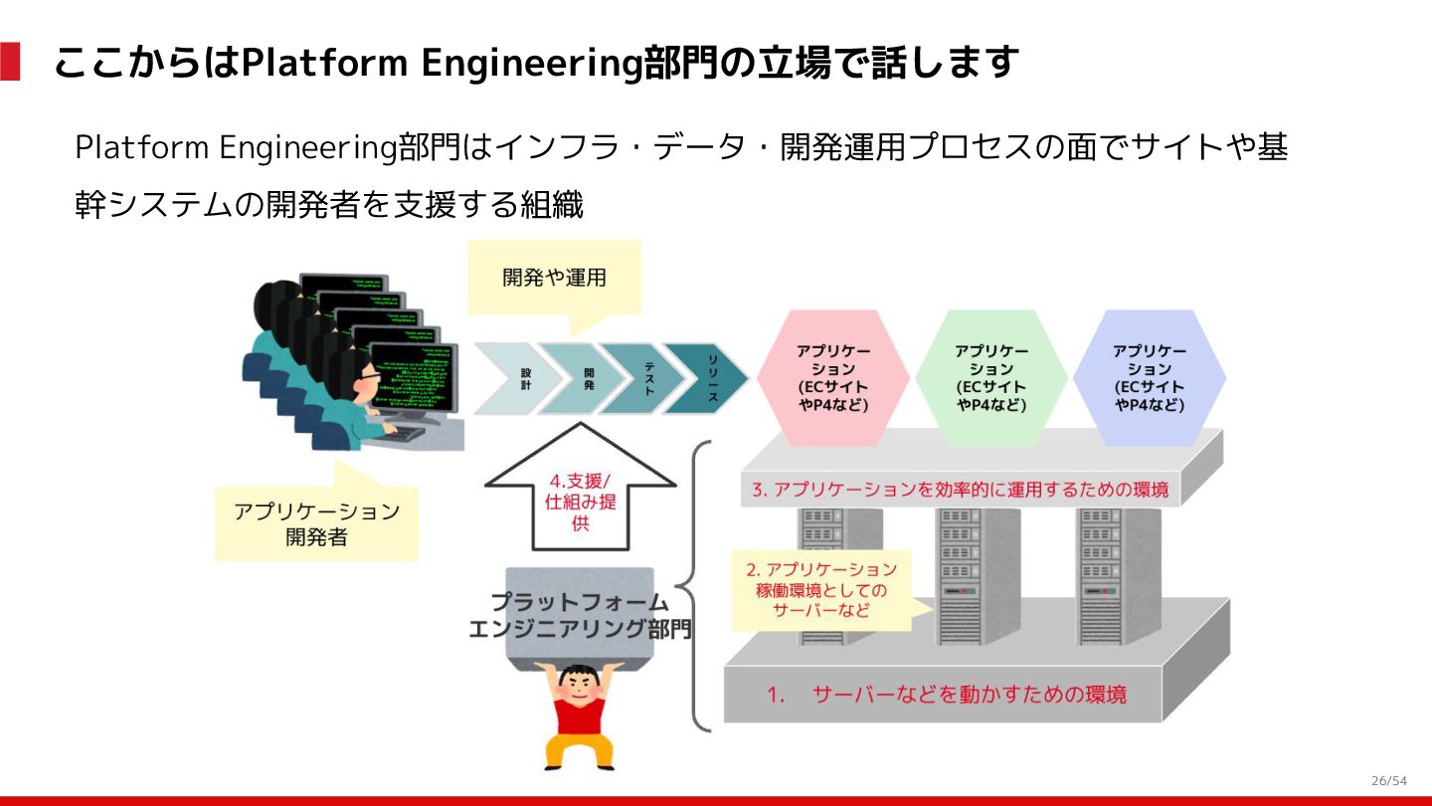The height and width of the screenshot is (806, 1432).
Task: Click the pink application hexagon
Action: click(x=832, y=377)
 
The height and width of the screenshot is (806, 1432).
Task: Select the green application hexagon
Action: click(x=990, y=377)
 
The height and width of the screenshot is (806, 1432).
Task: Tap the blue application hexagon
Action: click(x=1149, y=377)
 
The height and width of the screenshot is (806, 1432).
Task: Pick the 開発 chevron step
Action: click(x=583, y=378)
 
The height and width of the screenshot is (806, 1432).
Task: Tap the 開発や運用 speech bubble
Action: click(x=554, y=278)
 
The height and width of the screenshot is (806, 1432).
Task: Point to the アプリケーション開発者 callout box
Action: click(x=315, y=523)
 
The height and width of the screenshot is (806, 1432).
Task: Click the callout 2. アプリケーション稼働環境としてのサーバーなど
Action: click(x=821, y=590)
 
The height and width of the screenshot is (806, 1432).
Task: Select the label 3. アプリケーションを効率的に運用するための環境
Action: click(x=961, y=490)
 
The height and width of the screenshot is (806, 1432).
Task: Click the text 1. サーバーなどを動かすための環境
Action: click(x=946, y=695)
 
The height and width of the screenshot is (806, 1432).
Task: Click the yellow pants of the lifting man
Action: click(x=578, y=748)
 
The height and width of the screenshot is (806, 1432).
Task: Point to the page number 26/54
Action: click(x=1388, y=780)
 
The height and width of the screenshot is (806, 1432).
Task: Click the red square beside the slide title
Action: click(x=10, y=62)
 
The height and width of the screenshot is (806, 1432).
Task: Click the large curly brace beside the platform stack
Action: click(x=697, y=587)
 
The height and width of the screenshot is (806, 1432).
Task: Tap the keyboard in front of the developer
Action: click(x=408, y=434)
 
